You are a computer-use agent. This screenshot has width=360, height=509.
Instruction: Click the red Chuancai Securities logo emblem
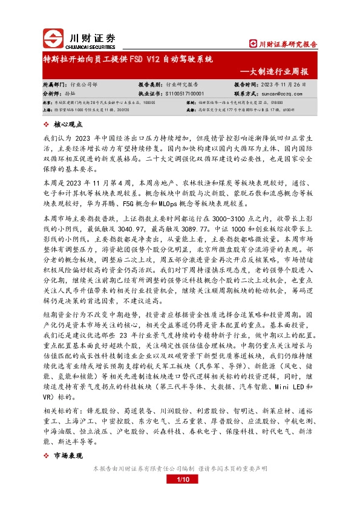tap(54, 39)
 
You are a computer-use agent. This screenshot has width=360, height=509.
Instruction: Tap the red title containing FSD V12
tap(127, 61)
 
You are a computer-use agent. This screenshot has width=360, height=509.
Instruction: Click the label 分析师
tap(51, 94)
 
